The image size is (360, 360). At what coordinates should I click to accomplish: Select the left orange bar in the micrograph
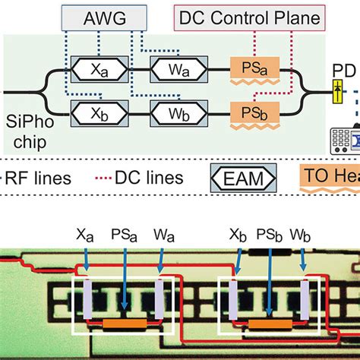(125, 324)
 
